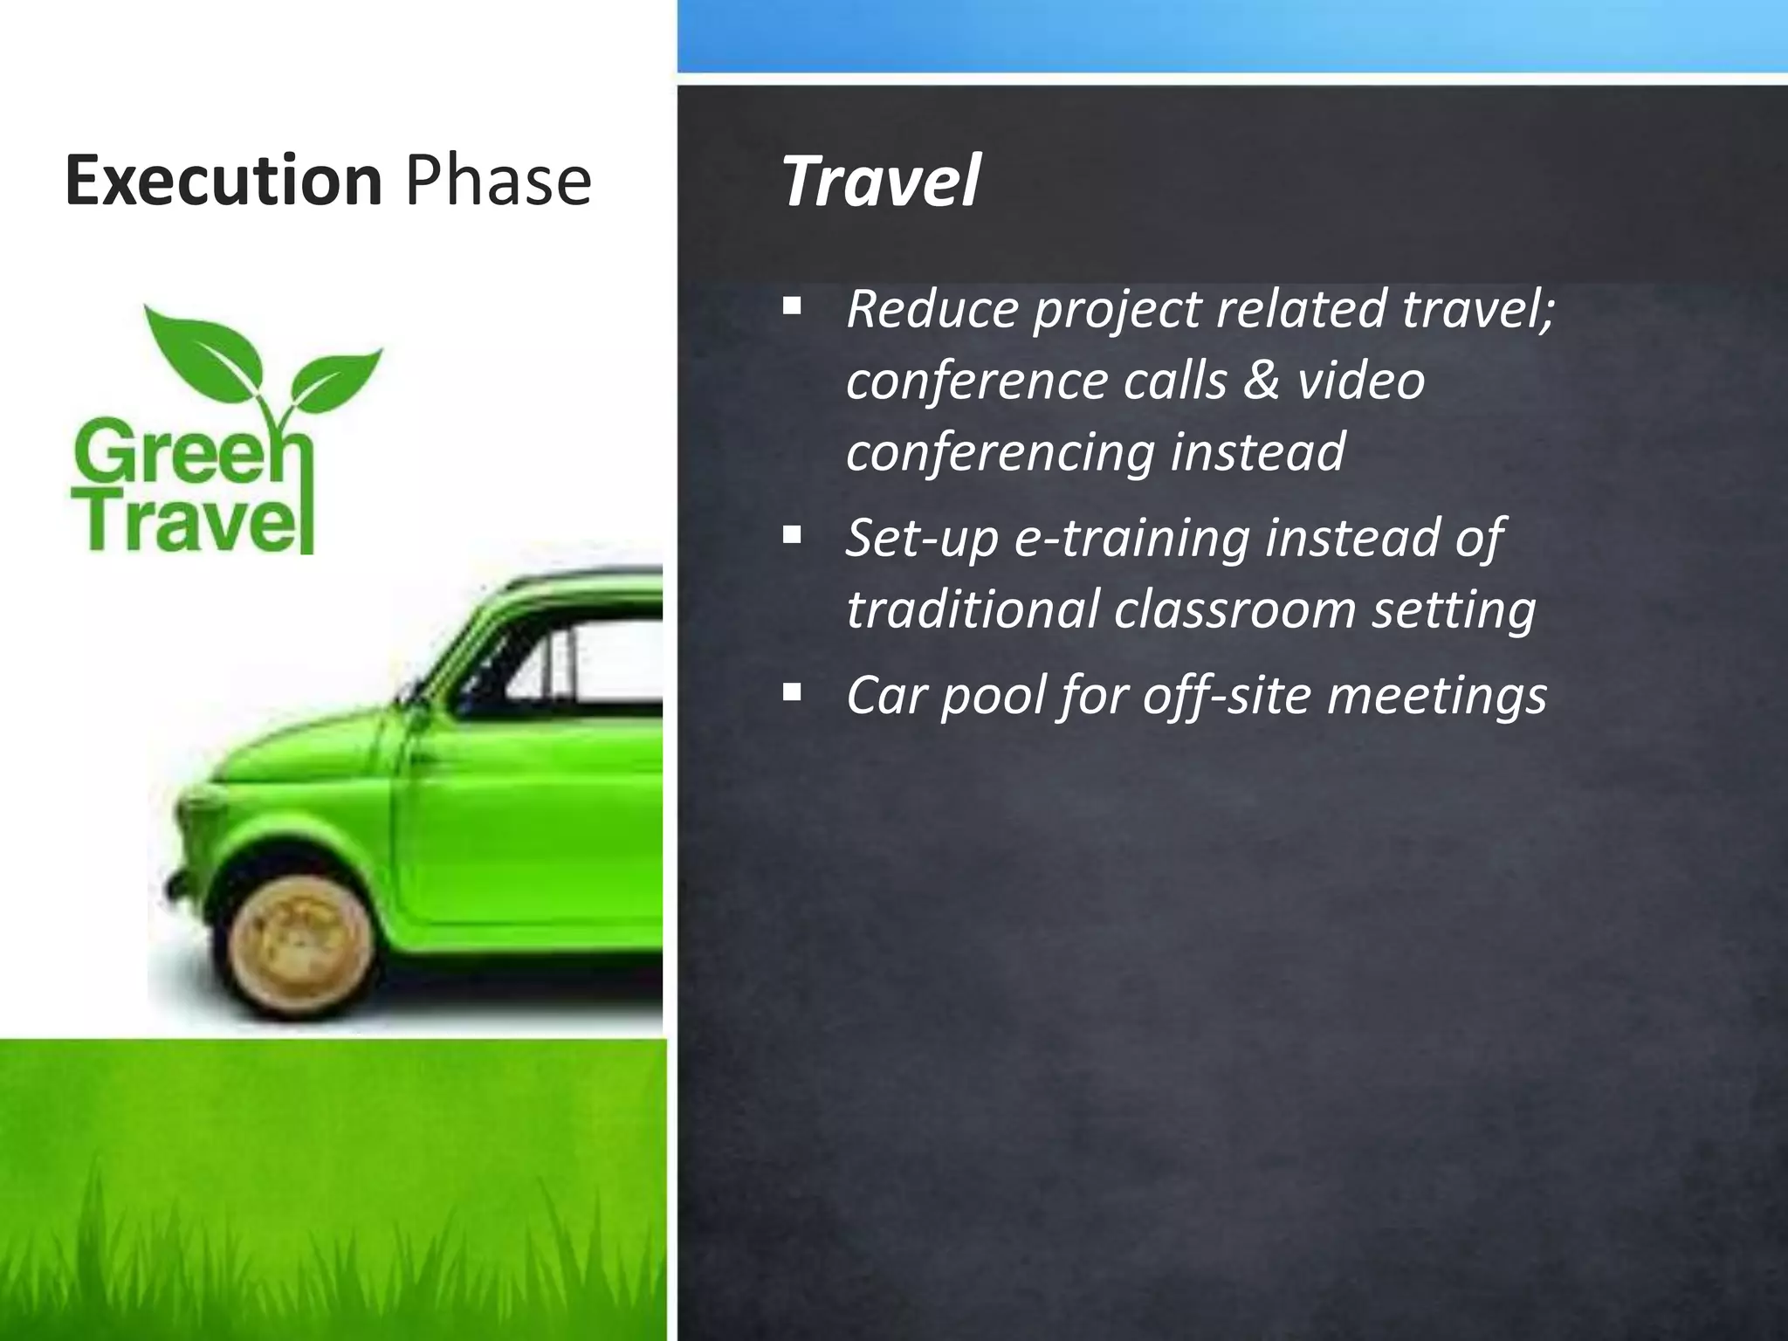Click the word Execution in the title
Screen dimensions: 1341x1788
pyautogui.click(x=223, y=181)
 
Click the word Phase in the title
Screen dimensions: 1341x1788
pyautogui.click(x=499, y=181)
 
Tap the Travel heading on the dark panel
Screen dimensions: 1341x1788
pyautogui.click(x=880, y=182)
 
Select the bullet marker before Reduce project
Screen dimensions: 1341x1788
pyautogui.click(x=792, y=306)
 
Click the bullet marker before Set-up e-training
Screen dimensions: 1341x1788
pyautogui.click(x=792, y=534)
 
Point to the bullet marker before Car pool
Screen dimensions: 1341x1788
pyautogui.click(x=792, y=693)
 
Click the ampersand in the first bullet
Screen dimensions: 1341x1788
pyautogui.click(x=1261, y=380)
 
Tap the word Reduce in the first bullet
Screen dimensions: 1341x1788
pyautogui.click(x=932, y=309)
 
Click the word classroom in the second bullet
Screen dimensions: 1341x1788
pyautogui.click(x=1234, y=609)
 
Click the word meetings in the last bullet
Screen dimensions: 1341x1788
pyautogui.click(x=1436, y=697)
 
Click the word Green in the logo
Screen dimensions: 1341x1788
pyautogui.click(x=188, y=450)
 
